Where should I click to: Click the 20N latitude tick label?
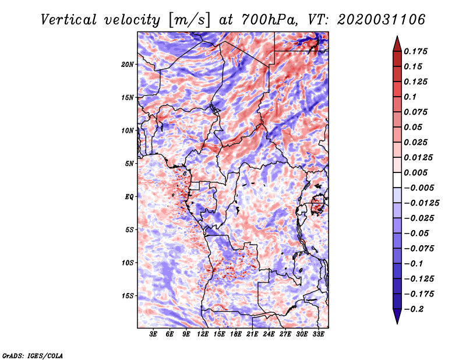(x=128, y=64)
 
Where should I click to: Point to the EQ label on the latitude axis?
(x=130, y=196)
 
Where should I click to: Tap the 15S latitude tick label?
(x=128, y=295)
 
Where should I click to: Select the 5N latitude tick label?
(x=130, y=163)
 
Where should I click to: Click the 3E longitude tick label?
(x=154, y=334)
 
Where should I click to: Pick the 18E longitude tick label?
(x=236, y=334)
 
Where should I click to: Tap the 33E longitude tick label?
(x=318, y=334)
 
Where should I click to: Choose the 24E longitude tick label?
(x=269, y=334)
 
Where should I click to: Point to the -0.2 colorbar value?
(x=415, y=309)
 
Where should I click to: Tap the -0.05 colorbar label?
(x=418, y=233)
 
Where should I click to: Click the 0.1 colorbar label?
(x=412, y=96)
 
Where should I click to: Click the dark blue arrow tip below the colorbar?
(x=397, y=321)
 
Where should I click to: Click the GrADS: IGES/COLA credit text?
(x=32, y=355)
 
